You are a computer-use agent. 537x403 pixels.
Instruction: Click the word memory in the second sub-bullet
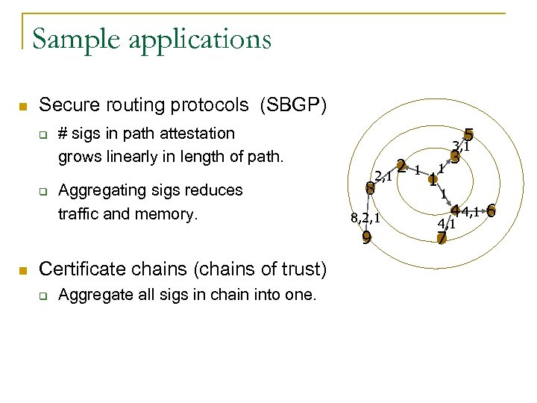(x=172, y=214)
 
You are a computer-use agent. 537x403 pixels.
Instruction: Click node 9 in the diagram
(x=366, y=239)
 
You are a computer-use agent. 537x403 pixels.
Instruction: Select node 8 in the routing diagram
(x=369, y=188)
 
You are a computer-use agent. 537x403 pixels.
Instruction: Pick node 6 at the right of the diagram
(x=491, y=211)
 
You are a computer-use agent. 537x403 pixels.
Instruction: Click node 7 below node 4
(x=442, y=238)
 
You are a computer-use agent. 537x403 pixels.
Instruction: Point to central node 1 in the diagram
(x=433, y=181)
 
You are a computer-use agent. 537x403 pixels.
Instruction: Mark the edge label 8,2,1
(x=365, y=219)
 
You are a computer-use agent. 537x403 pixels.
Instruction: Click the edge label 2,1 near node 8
(x=383, y=176)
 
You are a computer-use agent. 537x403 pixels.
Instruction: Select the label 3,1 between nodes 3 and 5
(x=461, y=146)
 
